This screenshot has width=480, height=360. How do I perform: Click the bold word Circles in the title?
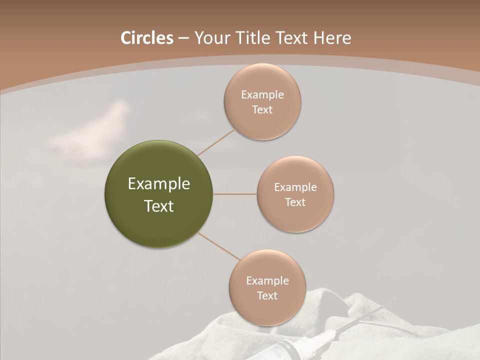[146, 38]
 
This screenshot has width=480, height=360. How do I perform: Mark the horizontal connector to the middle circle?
[235, 194]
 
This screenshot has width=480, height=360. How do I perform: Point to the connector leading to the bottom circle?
[218, 246]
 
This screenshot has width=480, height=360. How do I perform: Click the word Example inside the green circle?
[159, 184]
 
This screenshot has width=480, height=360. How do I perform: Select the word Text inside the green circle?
[159, 206]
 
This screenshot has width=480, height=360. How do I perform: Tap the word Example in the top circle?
[262, 94]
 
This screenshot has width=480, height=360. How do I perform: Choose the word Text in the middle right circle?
[295, 202]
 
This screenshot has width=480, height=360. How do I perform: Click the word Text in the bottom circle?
[267, 295]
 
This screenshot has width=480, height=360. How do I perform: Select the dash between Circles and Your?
[183, 38]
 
